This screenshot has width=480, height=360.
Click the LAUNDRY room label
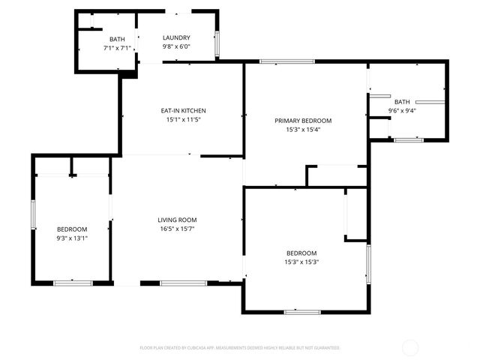(x=177, y=38)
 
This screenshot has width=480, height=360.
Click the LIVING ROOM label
(x=177, y=220)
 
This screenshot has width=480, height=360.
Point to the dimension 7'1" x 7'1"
(x=117, y=48)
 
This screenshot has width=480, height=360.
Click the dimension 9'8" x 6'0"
(x=177, y=47)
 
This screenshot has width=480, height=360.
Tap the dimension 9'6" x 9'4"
(x=402, y=111)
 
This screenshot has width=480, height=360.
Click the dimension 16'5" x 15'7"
(x=177, y=229)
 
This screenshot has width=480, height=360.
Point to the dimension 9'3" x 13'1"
(x=72, y=238)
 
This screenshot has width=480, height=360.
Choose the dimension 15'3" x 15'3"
(x=300, y=262)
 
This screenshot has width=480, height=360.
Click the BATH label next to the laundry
(x=117, y=39)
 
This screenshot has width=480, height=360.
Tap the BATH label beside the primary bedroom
(x=402, y=102)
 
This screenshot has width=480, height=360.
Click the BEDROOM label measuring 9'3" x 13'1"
(x=72, y=229)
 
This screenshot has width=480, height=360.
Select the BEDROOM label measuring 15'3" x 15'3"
(x=300, y=253)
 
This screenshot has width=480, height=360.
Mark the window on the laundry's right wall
(x=217, y=44)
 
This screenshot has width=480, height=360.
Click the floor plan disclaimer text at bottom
(x=240, y=348)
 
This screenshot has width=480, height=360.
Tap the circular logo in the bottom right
(x=410, y=347)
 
